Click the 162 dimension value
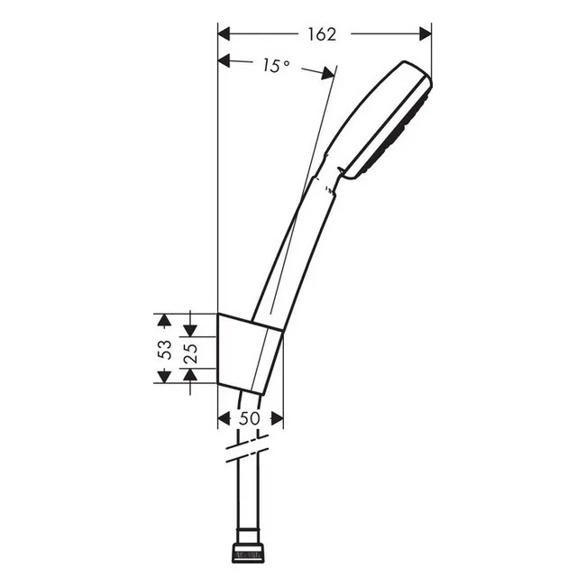coord(322,34)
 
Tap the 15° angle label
coord(276,66)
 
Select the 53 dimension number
coord(165,350)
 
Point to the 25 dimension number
coord(190,353)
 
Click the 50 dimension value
coord(249,418)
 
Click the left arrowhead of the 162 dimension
coord(224,34)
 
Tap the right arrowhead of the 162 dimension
coord(426,34)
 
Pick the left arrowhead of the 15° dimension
coord(224,60)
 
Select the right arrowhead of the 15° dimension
coord(328,74)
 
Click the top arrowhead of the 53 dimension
coord(164,320)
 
